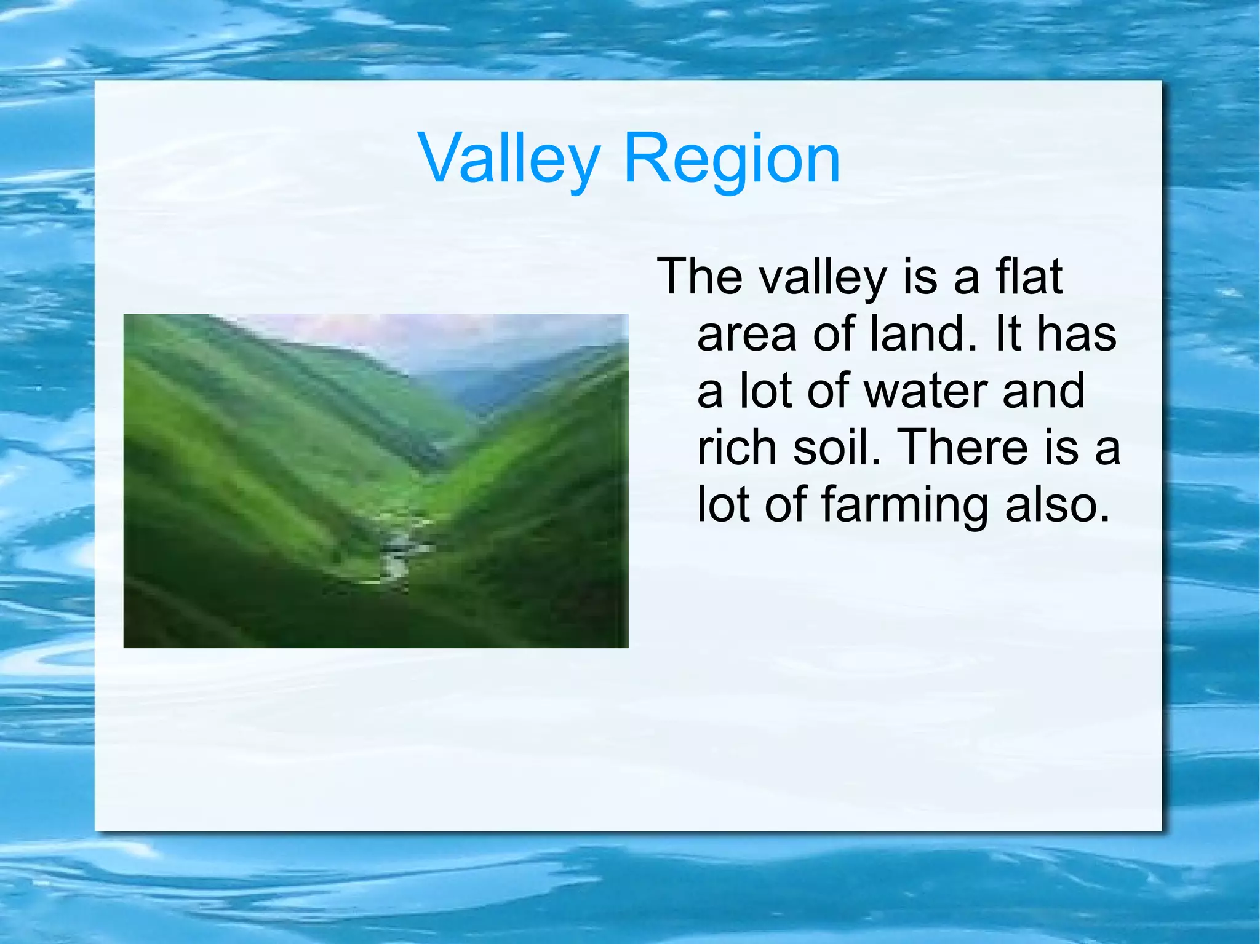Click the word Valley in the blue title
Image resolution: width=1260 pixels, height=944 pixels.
[509, 159]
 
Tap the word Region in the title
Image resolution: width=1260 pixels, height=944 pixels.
[732, 159]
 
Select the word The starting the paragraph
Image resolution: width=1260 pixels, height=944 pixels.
[700, 276]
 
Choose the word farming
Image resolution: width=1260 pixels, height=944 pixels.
[905, 506]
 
